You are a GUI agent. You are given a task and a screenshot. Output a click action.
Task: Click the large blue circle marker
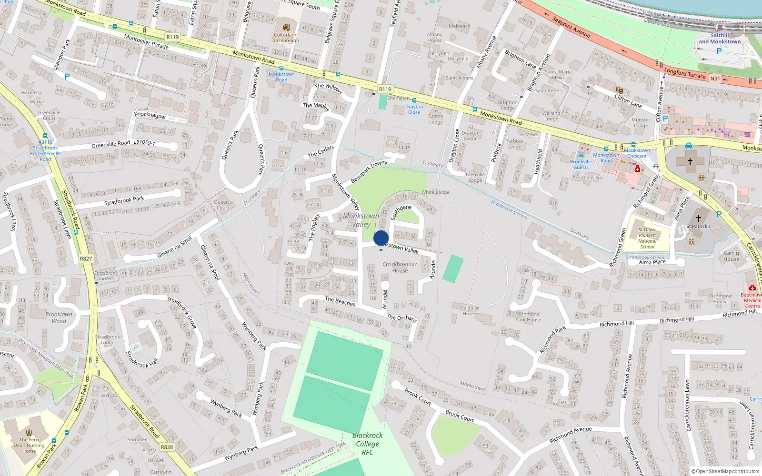(x=381, y=238)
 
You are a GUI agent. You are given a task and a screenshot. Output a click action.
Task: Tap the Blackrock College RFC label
(x=367, y=444)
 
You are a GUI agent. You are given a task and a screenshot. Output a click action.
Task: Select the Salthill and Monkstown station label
(x=720, y=39)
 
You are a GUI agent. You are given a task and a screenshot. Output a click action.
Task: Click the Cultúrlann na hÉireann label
(x=286, y=38)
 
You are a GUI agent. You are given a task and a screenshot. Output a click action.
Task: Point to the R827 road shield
(x=86, y=259)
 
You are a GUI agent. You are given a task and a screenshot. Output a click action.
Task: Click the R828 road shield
(x=167, y=447)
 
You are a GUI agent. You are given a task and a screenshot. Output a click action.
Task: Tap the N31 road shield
(x=715, y=79)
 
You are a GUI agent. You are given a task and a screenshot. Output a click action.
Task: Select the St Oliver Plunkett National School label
(x=647, y=238)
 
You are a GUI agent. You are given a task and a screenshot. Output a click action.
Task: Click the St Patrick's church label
(x=698, y=226)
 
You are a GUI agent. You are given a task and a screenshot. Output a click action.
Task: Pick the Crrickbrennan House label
(x=400, y=268)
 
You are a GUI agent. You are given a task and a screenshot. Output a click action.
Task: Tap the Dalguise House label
(x=470, y=310)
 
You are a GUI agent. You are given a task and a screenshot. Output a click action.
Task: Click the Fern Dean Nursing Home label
(x=29, y=445)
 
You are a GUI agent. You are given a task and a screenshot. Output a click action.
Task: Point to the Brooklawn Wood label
(x=59, y=317)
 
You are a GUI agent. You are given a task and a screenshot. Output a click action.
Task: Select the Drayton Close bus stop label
(x=414, y=109)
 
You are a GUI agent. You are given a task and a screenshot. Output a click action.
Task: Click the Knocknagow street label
(x=150, y=116)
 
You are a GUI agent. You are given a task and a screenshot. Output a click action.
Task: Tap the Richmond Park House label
(x=528, y=317)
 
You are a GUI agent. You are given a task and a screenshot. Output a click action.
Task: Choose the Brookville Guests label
(x=581, y=164)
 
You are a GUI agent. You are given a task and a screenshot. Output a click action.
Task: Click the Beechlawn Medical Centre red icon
(x=752, y=288)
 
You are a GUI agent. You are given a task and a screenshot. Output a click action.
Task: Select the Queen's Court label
(x=223, y=205)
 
